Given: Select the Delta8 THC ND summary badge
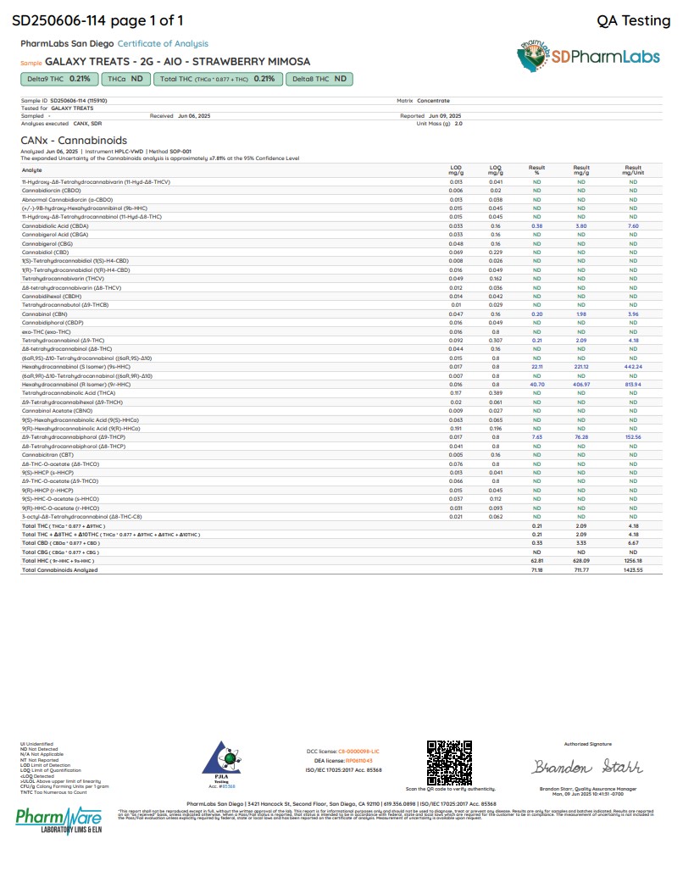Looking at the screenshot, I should tap(319, 79).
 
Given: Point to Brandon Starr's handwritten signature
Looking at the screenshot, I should tap(575, 767).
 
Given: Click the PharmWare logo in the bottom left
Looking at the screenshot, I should tap(58, 820).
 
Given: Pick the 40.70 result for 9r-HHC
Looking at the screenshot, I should tap(536, 384).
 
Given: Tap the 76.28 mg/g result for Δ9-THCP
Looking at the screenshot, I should tap(581, 436).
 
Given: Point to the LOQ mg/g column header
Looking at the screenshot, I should tap(496, 169).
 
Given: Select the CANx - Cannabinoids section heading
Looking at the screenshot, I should tap(74, 140).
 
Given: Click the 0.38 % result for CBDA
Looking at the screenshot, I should tap(536, 226).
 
